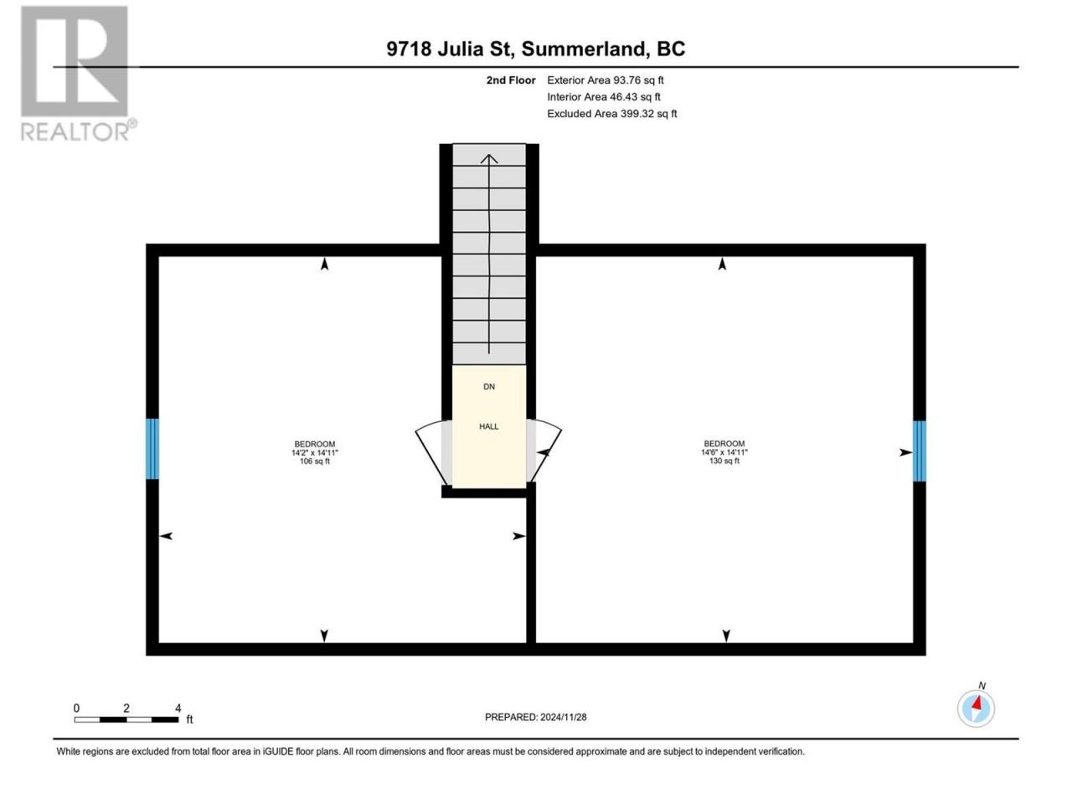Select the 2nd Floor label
pos(510,80)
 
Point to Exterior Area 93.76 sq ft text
pos(606,80)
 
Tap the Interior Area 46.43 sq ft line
pos(604,96)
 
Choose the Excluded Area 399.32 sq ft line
pos(612,113)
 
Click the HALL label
pos(488,426)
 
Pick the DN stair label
pos(489,386)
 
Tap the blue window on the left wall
pos(152,449)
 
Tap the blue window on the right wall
pos(919,451)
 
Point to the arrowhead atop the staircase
pos(489,158)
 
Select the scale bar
pos(126,719)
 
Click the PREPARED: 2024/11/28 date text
pos(536,717)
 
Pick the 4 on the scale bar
pos(178,708)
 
